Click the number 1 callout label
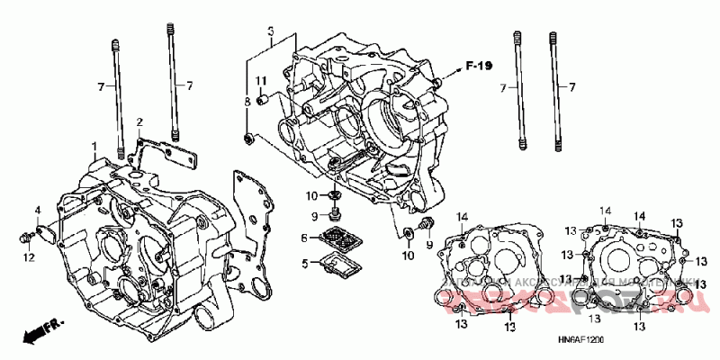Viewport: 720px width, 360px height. [x=93, y=146]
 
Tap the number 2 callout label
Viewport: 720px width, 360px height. [x=139, y=121]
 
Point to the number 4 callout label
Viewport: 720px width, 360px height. [x=37, y=211]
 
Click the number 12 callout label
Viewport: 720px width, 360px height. [x=29, y=258]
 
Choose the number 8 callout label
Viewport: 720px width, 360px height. [x=247, y=103]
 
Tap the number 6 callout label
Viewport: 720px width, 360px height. [x=305, y=238]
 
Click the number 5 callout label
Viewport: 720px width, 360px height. [x=305, y=263]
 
